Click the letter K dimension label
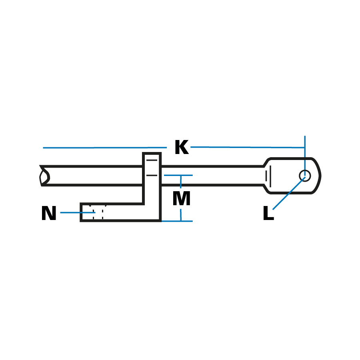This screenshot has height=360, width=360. click(x=181, y=148)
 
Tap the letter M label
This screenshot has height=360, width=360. click(x=181, y=199)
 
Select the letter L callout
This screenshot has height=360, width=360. click(x=268, y=214)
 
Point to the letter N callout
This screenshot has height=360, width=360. click(x=48, y=214)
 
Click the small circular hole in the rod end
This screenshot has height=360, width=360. click(x=305, y=176)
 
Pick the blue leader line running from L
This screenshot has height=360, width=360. click(x=288, y=193)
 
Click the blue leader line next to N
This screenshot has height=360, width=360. click(x=76, y=212)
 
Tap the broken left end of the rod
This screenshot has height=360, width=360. click(x=44, y=176)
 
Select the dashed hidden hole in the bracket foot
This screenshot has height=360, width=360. click(x=98, y=212)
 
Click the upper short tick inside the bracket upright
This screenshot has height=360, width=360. click(x=152, y=160)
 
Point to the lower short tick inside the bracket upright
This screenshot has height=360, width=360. click(x=152, y=175)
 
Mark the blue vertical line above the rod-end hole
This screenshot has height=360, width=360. click(x=305, y=152)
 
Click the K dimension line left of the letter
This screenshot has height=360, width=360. click(x=104, y=148)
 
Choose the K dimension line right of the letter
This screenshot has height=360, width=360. click(x=248, y=147)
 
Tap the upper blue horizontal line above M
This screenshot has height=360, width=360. click(x=178, y=175)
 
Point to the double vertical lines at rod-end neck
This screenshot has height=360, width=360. click(x=268, y=176)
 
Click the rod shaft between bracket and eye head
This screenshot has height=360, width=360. click(x=212, y=176)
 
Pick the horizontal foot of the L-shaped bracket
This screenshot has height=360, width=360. click(x=120, y=212)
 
